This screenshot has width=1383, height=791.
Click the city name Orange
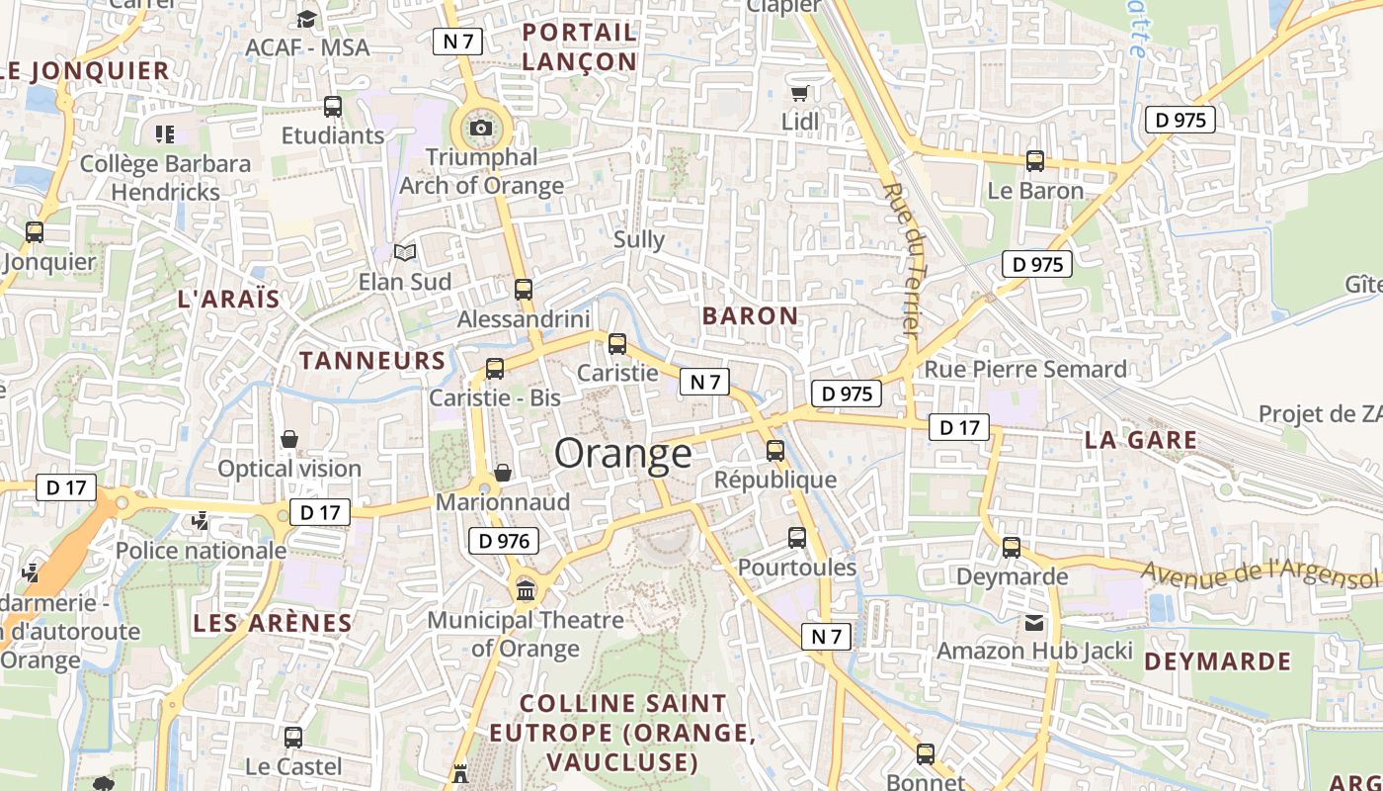pos(623,454)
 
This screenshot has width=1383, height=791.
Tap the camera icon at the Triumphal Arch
pos(481,128)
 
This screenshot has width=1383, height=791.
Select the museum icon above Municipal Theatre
pos(526,590)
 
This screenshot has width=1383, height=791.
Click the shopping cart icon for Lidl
pos(799,93)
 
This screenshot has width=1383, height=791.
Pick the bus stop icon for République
pos(775,451)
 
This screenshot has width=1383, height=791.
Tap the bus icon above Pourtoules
pos(797,538)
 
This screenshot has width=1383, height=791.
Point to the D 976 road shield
pos(503,541)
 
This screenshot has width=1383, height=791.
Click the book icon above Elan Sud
pos(405,253)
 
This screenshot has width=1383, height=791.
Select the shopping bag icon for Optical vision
pos(289,438)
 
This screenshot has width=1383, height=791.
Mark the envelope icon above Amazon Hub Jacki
pos(1033,622)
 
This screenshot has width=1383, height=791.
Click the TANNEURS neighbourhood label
pos(372,361)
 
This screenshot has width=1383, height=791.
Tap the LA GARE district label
pos(1140,441)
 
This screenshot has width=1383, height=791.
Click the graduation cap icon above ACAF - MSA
pos(307,19)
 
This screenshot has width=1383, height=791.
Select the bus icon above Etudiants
pos(333,106)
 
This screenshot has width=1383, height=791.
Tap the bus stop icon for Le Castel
pos(293,737)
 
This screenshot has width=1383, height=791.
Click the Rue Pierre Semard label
pos(1025,370)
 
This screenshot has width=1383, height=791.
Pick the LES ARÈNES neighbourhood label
pos(273,624)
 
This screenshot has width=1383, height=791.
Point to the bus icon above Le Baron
pos(1035,160)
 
